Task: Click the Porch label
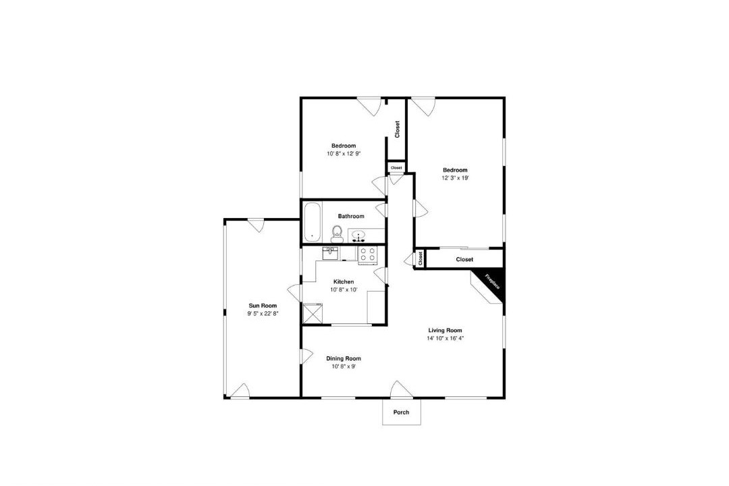point(401,412)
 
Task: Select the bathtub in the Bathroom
point(313,222)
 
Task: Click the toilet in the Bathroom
point(337,234)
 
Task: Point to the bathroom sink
point(358,236)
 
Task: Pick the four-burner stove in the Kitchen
point(368,255)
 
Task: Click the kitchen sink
point(330,254)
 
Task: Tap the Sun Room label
point(263,306)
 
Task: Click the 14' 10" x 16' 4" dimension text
point(446,338)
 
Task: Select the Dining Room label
point(344,358)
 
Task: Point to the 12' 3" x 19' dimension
point(455,178)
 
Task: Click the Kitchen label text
point(344,282)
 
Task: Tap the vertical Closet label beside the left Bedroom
point(397,130)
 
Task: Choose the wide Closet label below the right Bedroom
point(464,259)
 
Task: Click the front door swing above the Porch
point(401,389)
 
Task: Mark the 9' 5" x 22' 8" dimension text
point(263,313)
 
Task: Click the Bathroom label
point(351,216)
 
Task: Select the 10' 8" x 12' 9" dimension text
point(344,153)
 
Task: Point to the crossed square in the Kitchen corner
point(313,313)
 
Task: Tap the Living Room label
point(446,331)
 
